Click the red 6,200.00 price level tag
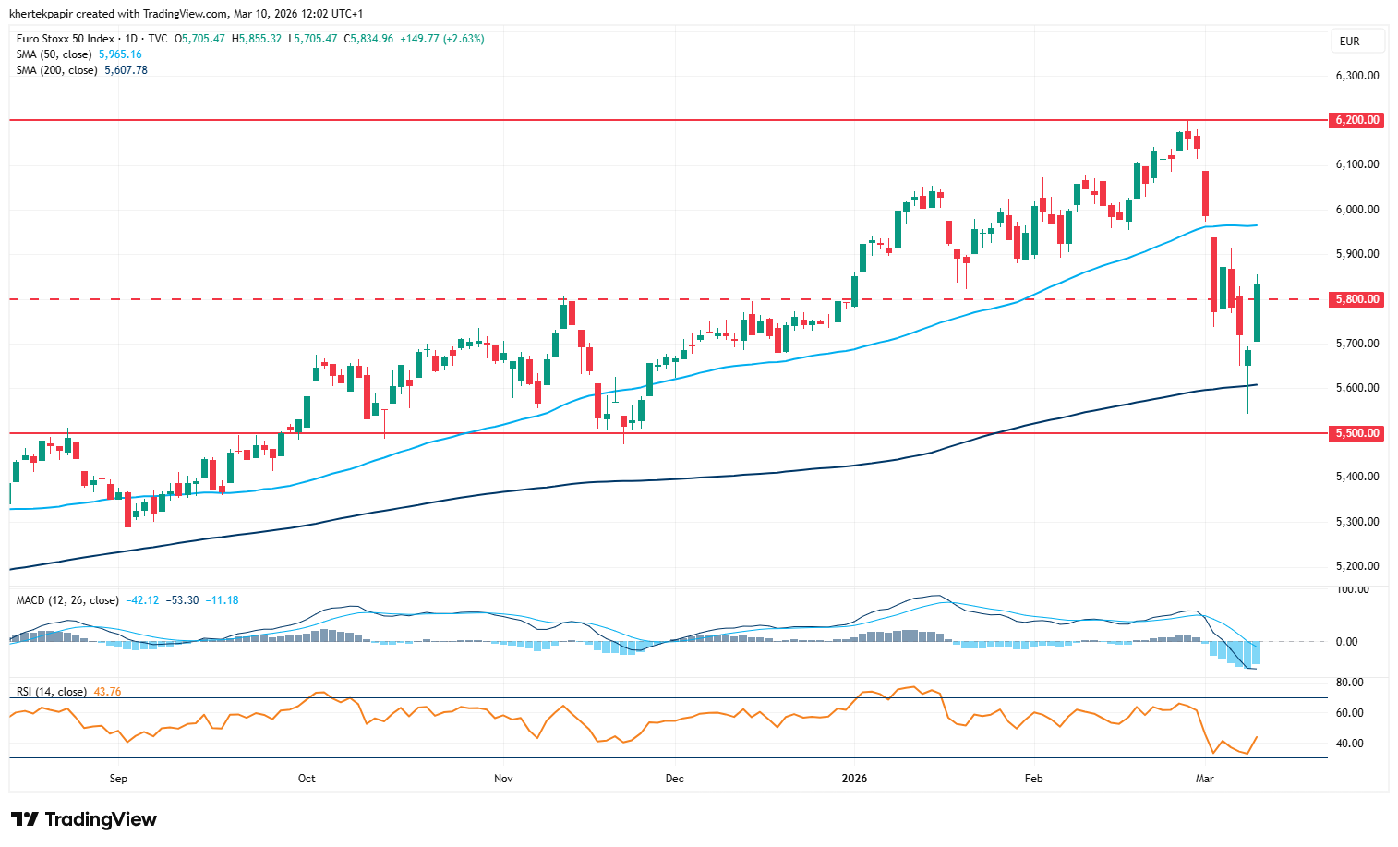point(1356,120)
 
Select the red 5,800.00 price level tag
point(1356,299)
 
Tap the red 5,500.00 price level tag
point(1356,433)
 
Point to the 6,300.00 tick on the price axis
point(1356,76)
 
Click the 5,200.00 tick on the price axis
point(1356,566)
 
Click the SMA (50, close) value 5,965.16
point(120,54)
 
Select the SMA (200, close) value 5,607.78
point(126,70)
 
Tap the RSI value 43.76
point(107,692)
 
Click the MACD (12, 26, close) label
point(67,600)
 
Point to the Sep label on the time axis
point(118,779)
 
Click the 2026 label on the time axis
point(854,779)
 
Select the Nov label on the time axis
point(503,779)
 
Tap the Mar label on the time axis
point(1204,779)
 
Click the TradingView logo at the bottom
point(84,819)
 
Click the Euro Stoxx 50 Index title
point(66,39)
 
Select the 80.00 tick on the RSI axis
point(1349,683)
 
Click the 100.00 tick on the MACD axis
point(1352,589)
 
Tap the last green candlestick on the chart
point(1257,312)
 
